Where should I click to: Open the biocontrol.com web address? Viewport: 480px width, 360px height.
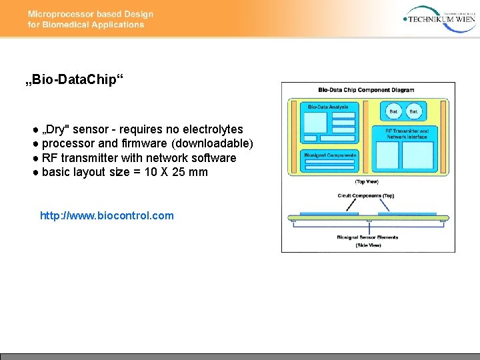pyautogui.click(x=107, y=215)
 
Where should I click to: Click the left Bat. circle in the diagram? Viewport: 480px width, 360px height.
pyautogui.click(x=394, y=111)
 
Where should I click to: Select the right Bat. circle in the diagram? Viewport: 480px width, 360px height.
pyautogui.click(x=414, y=111)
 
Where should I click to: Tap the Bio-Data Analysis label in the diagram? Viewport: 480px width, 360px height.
pyautogui.click(x=328, y=107)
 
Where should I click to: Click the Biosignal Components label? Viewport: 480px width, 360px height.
pyautogui.click(x=330, y=155)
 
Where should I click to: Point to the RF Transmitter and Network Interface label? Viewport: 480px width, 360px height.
pyautogui.click(x=407, y=133)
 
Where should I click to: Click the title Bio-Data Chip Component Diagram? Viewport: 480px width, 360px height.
pyautogui.click(x=366, y=90)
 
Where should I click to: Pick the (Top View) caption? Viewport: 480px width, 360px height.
pyautogui.click(x=368, y=181)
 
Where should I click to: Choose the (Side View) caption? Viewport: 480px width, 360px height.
pyautogui.click(x=368, y=245)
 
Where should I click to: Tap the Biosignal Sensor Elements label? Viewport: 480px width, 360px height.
pyautogui.click(x=368, y=237)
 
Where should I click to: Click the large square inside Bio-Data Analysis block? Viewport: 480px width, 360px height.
pyautogui.click(x=315, y=124)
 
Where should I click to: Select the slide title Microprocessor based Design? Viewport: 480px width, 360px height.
pyautogui.click(x=91, y=14)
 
